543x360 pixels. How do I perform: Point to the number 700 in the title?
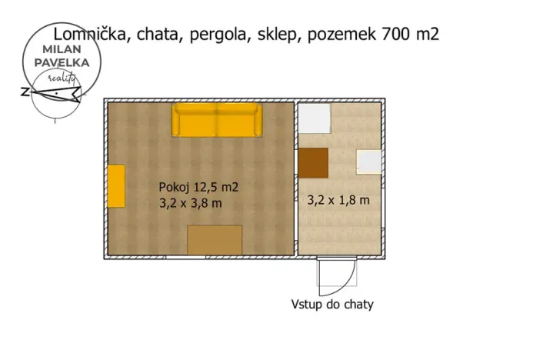click(x=395, y=35)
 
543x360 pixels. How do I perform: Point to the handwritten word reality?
click(x=61, y=78)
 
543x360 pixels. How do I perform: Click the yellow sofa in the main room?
click(x=217, y=120)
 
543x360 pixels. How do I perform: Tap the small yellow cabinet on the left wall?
click(x=116, y=185)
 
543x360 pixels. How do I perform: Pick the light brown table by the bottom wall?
click(x=215, y=239)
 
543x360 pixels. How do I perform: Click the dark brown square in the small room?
click(x=313, y=162)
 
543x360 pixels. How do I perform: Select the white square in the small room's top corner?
click(x=315, y=118)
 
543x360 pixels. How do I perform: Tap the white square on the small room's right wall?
click(x=369, y=162)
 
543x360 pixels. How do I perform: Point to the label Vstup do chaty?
click(x=332, y=305)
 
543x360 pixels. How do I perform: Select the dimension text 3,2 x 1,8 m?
click(x=338, y=200)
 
